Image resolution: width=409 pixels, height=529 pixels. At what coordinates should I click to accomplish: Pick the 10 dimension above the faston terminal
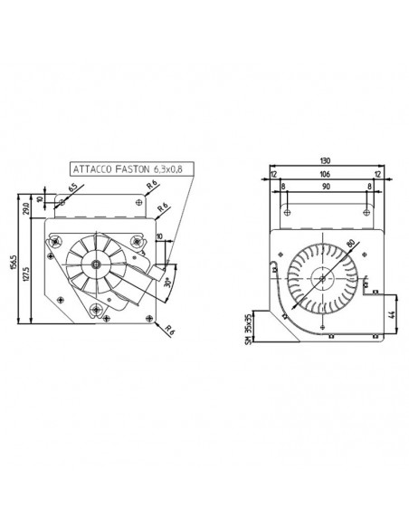coord(159,237)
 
